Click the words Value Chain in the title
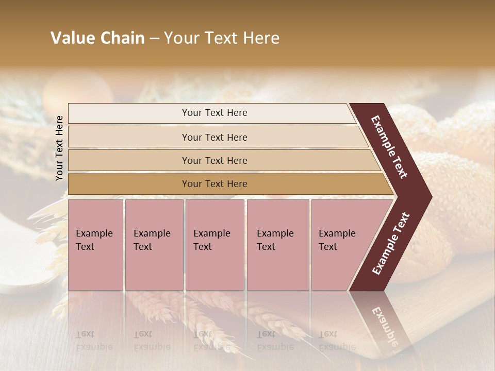coord(97,38)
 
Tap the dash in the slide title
coord(154,39)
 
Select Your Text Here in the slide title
coord(222,38)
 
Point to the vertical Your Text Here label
coord(59,148)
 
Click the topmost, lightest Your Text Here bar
coord(214,113)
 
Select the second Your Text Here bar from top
coord(214,137)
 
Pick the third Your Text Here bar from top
coord(214,160)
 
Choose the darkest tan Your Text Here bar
coord(214,184)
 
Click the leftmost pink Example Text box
coord(95,244)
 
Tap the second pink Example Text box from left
coord(154,244)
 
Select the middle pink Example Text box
coord(214,244)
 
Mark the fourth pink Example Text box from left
coord(277,244)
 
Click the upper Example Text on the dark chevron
coord(389,147)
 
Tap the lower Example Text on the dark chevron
coord(391,244)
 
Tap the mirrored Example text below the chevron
coord(384,325)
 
